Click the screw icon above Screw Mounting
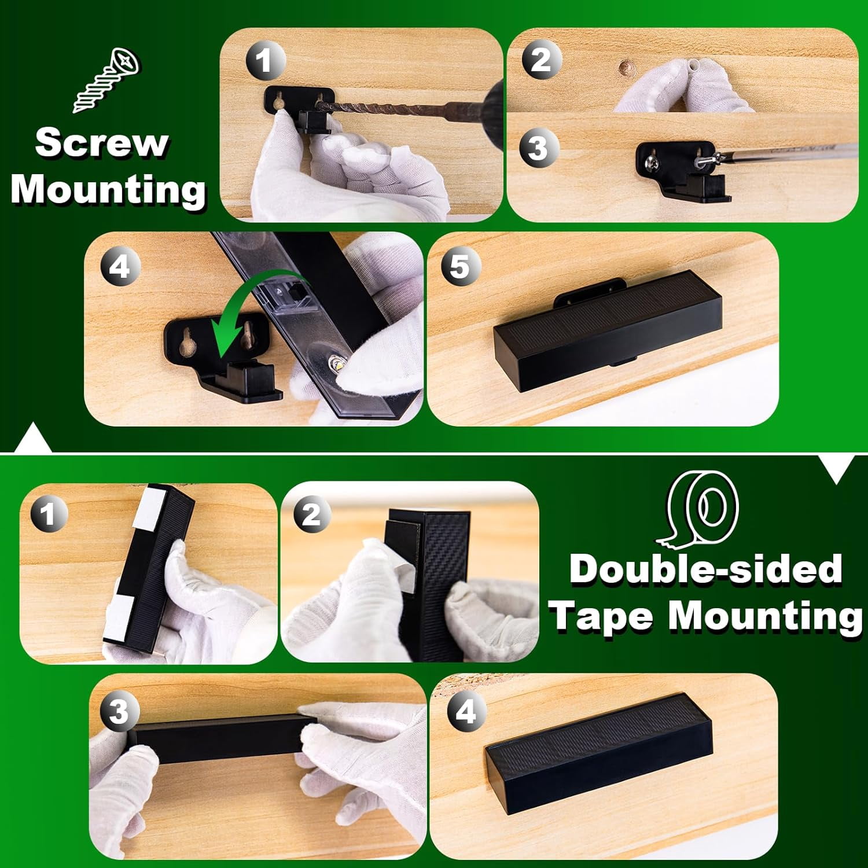(x=107, y=80)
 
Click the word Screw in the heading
(x=102, y=142)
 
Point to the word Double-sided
(x=706, y=569)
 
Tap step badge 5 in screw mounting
(x=459, y=267)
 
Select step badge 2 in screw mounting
(x=540, y=60)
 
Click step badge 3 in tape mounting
(x=119, y=711)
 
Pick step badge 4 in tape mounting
(x=466, y=711)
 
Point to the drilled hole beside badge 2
(x=624, y=68)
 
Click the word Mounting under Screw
(x=109, y=189)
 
